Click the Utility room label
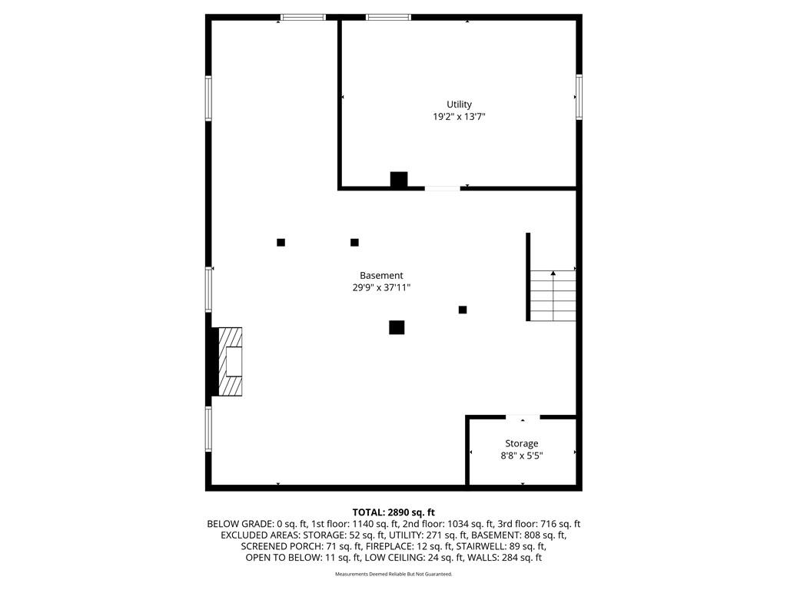(x=460, y=104)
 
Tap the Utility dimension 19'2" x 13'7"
(x=460, y=117)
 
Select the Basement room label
(x=381, y=276)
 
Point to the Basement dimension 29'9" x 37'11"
(x=381, y=287)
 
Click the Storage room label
(x=522, y=443)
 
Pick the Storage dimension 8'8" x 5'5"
(x=522, y=456)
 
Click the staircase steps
(x=553, y=296)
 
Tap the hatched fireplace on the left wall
(x=231, y=361)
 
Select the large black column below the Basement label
(x=397, y=327)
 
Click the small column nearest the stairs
(x=463, y=310)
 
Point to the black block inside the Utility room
(x=399, y=180)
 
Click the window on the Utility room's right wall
(x=579, y=97)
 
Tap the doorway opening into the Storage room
(x=523, y=417)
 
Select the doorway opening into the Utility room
(x=442, y=189)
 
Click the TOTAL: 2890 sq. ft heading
(x=393, y=512)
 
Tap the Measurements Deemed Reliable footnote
(x=393, y=574)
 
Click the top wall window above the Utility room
(x=388, y=18)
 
